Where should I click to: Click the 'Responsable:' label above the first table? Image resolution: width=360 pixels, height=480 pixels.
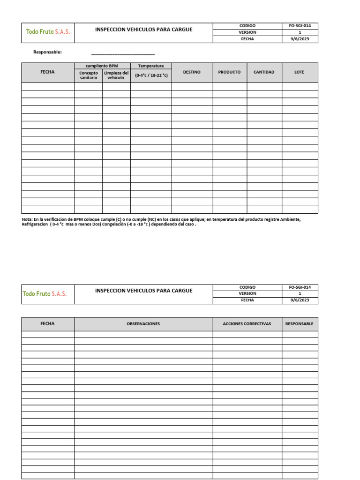(47, 52)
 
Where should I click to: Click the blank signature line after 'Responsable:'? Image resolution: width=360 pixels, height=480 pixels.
(123, 54)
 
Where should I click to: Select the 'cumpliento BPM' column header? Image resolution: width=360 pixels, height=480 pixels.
(102, 66)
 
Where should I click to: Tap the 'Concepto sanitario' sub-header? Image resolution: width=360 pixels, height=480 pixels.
(89, 75)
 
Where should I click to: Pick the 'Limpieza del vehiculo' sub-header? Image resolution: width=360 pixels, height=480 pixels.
(116, 75)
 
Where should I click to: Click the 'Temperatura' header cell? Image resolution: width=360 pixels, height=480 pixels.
(151, 66)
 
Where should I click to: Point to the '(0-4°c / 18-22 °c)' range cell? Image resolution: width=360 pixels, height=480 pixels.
(151, 75)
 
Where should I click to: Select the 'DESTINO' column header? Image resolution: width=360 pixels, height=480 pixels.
(192, 72)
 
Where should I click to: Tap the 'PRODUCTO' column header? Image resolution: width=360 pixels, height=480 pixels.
(229, 72)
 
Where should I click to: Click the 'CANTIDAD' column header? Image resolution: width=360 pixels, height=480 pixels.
(264, 72)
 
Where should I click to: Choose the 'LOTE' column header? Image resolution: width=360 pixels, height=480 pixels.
(300, 72)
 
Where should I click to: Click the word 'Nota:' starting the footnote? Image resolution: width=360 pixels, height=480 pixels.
(27, 219)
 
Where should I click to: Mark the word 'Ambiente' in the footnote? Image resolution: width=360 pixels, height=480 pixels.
(291, 219)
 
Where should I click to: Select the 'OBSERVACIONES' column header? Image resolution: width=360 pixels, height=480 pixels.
(143, 324)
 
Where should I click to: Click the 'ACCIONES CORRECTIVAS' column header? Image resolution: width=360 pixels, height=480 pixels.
(247, 324)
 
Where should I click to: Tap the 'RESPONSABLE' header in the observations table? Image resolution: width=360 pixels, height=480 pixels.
(300, 324)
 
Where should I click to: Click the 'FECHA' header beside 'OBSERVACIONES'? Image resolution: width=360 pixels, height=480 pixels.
(48, 324)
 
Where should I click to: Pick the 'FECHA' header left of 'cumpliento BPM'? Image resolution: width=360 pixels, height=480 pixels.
(48, 72)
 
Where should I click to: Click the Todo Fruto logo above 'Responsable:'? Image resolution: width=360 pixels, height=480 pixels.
(47, 32)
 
